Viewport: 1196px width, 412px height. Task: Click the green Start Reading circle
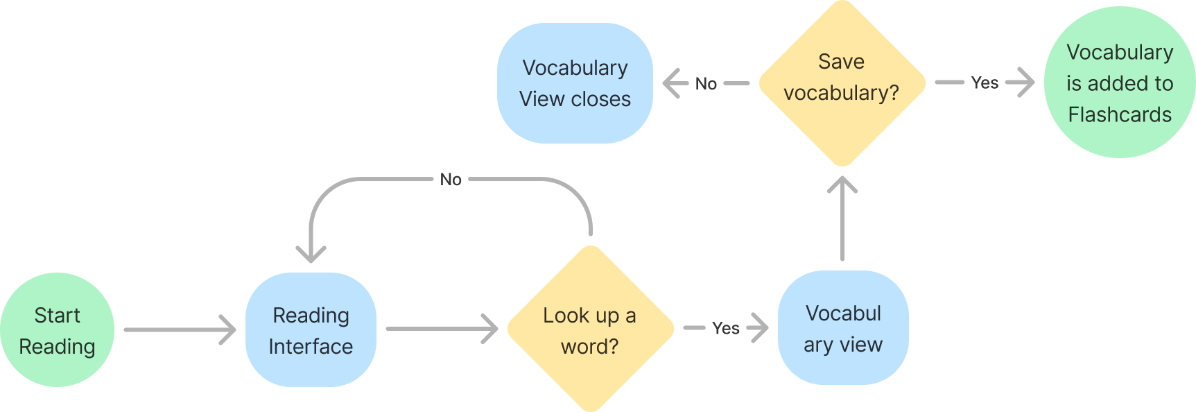point(58,330)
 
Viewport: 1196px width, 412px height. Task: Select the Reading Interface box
point(311,330)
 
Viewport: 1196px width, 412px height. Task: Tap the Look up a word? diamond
point(590,329)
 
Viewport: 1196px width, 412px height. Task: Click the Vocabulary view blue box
point(843,328)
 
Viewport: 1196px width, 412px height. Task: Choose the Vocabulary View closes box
point(575,83)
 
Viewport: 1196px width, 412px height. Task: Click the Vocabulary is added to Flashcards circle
point(1119,83)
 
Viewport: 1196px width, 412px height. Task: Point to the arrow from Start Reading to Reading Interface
point(180,329)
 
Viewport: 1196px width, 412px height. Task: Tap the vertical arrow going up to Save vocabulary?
point(842,218)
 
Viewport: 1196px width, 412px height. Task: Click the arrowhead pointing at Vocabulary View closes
point(674,83)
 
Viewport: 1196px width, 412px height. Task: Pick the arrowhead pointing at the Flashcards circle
point(1022,83)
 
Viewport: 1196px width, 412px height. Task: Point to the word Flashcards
point(1120,114)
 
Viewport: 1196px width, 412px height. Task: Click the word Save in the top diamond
point(841,62)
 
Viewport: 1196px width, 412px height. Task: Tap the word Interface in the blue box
point(311,346)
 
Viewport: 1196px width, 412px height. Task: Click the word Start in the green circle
point(58,316)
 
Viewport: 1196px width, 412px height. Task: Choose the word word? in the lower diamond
point(589,346)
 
